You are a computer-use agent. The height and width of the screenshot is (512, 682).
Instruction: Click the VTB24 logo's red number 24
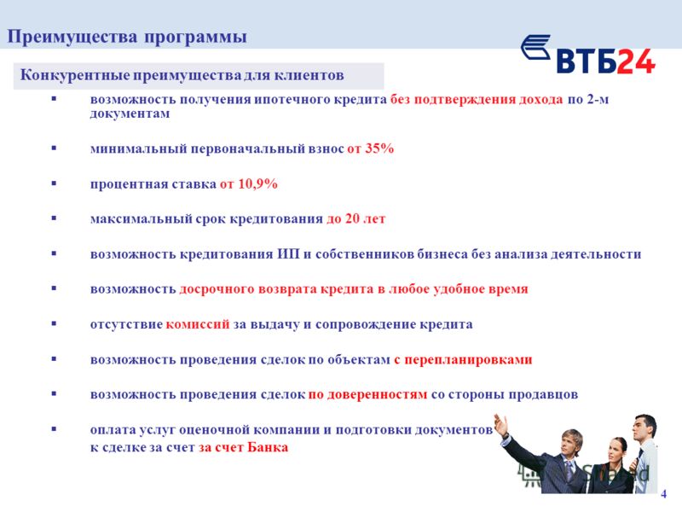pos(636,61)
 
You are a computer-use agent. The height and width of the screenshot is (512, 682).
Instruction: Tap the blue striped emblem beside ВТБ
pos(536,47)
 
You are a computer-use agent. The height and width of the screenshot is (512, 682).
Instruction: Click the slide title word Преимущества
pos(72,37)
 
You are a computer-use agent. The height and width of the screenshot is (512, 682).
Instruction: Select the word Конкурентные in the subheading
pos(75,75)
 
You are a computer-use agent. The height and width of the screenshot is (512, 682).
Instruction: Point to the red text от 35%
pos(371,148)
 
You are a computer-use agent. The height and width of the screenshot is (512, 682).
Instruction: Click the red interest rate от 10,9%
pos(249,183)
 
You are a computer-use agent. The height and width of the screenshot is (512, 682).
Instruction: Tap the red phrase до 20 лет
pos(356,218)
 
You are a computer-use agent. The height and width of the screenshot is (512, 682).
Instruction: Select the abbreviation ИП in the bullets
pos(289,253)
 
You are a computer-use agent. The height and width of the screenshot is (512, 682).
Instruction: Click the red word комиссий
pos(198,324)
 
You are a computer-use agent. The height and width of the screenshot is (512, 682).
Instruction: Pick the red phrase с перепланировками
pos(463,360)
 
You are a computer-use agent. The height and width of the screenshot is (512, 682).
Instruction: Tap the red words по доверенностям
pos(368,395)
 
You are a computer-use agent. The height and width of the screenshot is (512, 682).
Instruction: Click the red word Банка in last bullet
pos(268,447)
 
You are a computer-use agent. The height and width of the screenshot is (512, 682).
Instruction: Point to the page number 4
pos(664,494)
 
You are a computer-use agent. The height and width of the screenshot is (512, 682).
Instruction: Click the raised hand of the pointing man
pos(501,424)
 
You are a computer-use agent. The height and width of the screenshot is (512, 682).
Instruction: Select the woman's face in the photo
pos(614,452)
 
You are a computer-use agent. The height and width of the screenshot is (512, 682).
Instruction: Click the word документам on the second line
pos(130,113)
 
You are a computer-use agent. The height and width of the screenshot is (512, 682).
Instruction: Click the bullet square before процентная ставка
pos(54,183)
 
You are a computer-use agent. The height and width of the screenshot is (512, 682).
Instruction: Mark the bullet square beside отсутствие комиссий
pos(54,323)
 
